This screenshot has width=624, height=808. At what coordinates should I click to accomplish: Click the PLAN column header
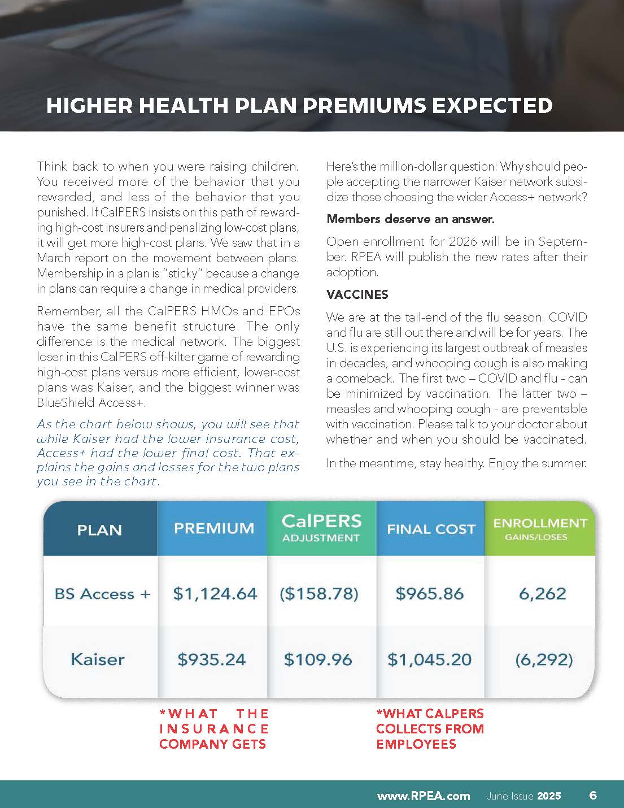99,530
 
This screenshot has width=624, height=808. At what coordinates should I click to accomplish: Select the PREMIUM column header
214,528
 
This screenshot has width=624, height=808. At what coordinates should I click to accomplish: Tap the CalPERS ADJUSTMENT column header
321,528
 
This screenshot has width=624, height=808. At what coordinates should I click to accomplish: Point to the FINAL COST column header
431,529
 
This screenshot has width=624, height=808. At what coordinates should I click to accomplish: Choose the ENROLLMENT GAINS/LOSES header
540,528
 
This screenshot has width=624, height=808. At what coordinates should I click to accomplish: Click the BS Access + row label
102,594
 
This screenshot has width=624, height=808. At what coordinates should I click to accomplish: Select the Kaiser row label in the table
98,659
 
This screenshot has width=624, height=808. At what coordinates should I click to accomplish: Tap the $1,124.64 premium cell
215,594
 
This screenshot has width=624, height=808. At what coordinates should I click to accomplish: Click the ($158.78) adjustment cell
319,594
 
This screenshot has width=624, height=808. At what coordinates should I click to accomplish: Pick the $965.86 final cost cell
430,594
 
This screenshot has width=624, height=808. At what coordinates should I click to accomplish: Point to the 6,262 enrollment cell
542,594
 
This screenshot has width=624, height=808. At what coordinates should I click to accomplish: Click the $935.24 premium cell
212,659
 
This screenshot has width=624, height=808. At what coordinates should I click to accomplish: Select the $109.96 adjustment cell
318,659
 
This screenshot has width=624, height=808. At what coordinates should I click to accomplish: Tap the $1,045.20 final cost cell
429,659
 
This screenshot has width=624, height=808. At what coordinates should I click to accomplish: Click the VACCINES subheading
357,294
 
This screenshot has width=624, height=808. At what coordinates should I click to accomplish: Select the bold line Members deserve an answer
411,219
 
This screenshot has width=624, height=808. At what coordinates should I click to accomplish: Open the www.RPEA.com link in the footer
424,796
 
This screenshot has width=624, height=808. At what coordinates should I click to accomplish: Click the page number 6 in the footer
593,795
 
